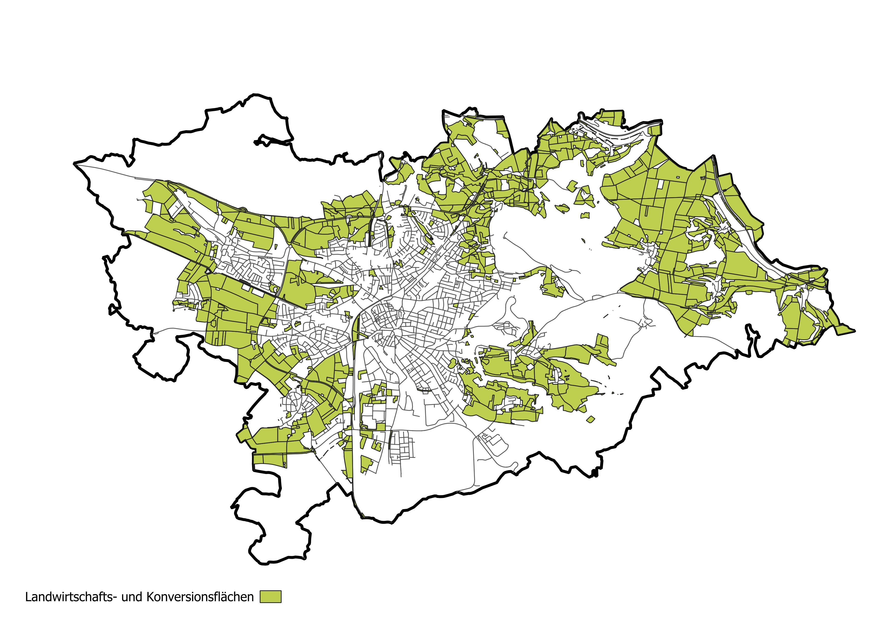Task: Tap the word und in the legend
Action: point(132,597)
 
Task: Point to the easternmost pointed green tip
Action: point(854,331)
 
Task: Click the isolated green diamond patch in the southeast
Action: point(591,419)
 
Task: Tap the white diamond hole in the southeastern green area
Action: point(530,367)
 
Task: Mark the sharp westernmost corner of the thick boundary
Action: point(74,164)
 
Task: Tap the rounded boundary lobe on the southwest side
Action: point(161,360)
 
